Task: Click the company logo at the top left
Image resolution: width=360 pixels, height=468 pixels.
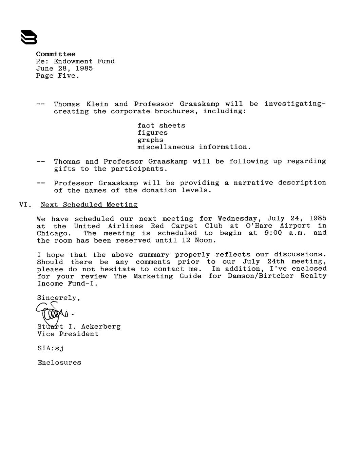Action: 29,37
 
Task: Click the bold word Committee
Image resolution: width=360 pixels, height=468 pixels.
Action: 56,54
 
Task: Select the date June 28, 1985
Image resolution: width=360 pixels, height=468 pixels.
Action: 64,69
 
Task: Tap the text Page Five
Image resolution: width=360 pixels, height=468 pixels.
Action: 58,76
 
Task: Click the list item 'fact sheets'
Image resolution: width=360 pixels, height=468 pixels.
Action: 161,125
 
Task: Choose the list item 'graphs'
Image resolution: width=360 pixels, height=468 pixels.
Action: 150,140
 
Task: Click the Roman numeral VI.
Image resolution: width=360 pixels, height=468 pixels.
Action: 25,205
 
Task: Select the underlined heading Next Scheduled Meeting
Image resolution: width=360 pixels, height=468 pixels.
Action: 89,205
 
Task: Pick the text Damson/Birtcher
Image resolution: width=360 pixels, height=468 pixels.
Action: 261,276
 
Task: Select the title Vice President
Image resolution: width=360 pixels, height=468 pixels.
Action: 68,334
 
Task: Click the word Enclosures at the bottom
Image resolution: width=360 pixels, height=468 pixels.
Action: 59,363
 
